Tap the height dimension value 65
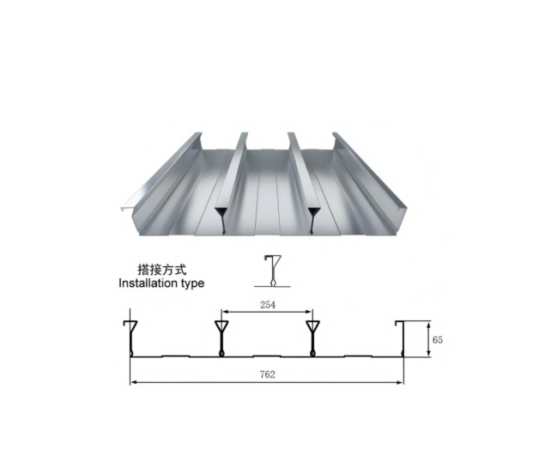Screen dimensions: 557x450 (x=438, y=340)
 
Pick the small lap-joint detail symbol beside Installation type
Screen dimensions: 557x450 (x=272, y=271)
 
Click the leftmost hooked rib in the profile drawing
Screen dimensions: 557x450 (x=130, y=337)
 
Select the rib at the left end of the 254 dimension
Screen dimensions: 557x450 (x=221, y=337)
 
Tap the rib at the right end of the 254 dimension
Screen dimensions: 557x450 (x=312, y=337)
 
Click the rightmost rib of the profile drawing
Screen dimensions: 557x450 (x=402, y=337)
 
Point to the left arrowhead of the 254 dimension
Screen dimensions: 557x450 (x=224, y=311)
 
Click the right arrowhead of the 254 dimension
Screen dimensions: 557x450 (x=310, y=311)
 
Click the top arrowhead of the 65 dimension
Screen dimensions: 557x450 (x=427, y=325)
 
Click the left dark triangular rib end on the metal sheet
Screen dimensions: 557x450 (x=222, y=217)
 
